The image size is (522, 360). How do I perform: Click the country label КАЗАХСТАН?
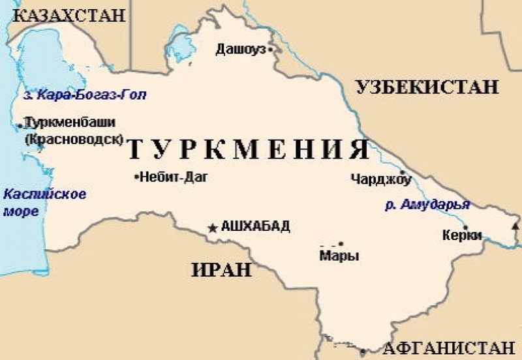point(69,15)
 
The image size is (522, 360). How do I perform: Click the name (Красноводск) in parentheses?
point(73,138)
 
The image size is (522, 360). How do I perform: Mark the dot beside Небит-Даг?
point(135,177)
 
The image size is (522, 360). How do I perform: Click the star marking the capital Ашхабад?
point(213,228)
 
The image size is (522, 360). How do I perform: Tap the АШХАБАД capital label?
point(255,227)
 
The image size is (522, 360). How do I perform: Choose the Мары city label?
point(339,256)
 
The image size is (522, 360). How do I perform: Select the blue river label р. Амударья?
point(427,205)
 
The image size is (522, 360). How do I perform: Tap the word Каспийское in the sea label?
point(45,194)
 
